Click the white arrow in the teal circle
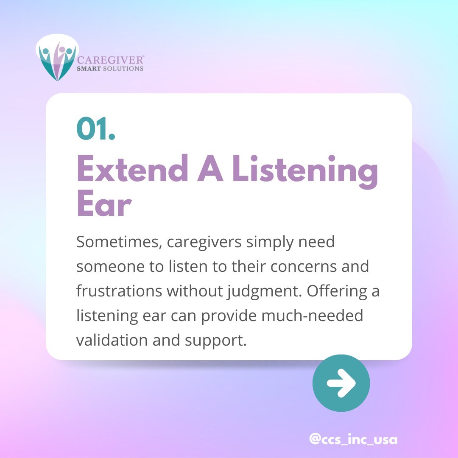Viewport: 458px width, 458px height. pyautogui.click(x=341, y=383)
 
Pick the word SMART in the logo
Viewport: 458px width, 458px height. pyautogui.click(x=88, y=69)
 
